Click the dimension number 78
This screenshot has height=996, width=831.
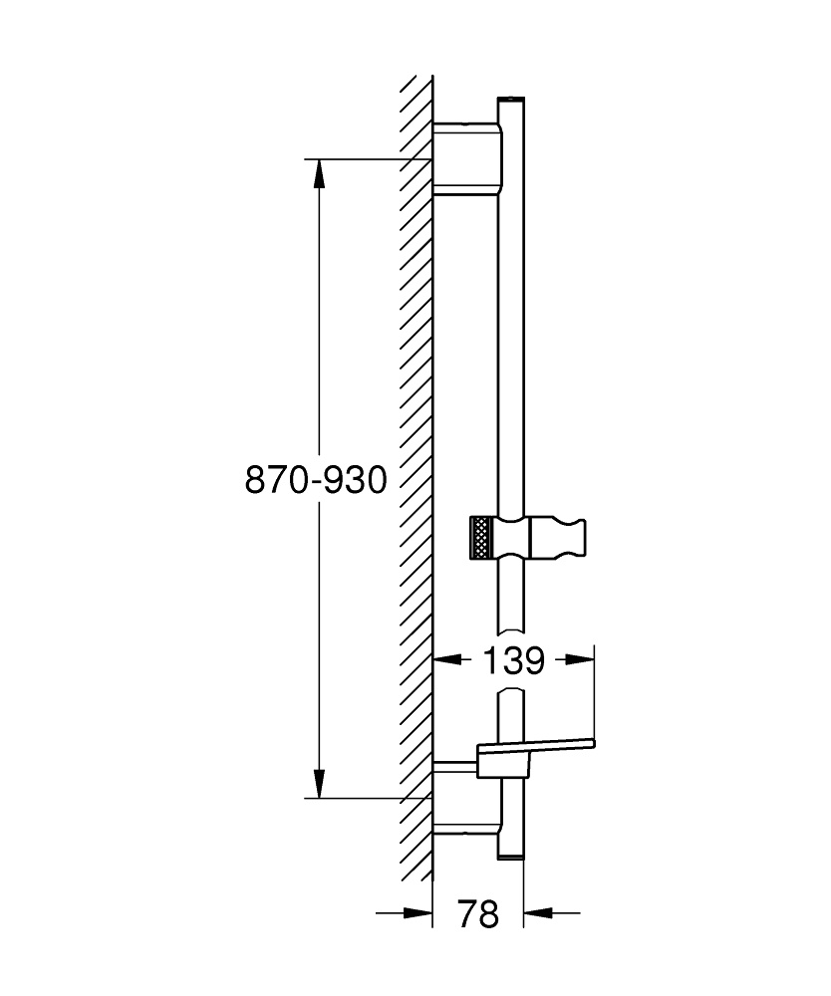click(x=478, y=913)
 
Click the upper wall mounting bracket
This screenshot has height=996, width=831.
click(x=466, y=157)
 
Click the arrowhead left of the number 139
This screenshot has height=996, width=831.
click(x=445, y=659)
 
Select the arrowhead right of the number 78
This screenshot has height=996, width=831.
click(x=537, y=911)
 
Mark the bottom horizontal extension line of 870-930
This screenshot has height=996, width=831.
click(x=369, y=798)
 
